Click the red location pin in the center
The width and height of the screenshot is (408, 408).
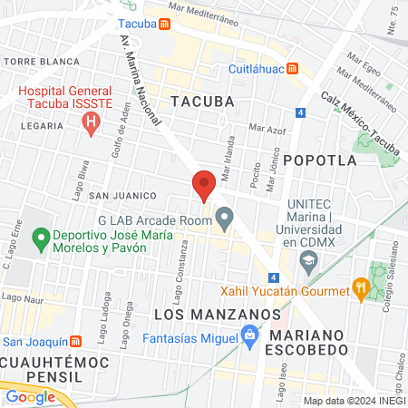[x=204, y=184]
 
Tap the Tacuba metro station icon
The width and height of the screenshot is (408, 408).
[x=162, y=24]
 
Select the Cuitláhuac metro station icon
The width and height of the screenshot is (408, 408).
[x=292, y=68]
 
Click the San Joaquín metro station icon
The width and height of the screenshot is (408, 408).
[x=76, y=342]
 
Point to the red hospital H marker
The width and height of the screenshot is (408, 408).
[x=89, y=125]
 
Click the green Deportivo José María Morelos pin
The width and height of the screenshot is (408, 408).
[x=40, y=240]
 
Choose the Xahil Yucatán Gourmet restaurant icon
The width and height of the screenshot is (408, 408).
[x=361, y=291]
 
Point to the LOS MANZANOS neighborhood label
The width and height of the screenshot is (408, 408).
[x=215, y=314]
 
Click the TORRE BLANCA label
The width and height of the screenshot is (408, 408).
[x=32, y=62]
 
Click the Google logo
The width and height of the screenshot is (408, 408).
[x=30, y=396]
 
